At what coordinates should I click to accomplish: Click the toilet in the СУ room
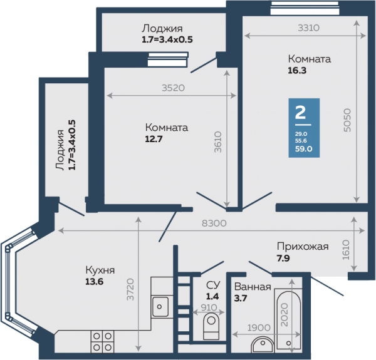click(211, 327)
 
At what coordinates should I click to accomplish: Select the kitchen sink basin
click(160, 306)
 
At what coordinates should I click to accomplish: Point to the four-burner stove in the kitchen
click(102, 342)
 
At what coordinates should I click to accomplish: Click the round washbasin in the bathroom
click(263, 345)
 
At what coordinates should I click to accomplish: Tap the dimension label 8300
click(214, 224)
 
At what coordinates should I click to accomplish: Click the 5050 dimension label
click(347, 120)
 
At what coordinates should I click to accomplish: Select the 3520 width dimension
click(173, 88)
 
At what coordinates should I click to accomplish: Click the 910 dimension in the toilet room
click(209, 307)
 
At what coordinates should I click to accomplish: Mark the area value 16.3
click(297, 71)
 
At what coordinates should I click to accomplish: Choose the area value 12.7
click(154, 139)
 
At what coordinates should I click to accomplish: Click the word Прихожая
click(303, 247)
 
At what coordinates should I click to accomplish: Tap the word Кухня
click(100, 270)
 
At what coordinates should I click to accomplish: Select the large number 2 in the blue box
click(300, 112)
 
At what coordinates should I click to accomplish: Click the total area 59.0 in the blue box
click(303, 149)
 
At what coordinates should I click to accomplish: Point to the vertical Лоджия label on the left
click(60, 150)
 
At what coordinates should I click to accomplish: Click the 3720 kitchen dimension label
click(130, 289)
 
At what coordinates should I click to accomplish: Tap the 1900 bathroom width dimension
click(259, 327)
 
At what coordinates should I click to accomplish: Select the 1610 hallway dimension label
click(346, 250)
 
